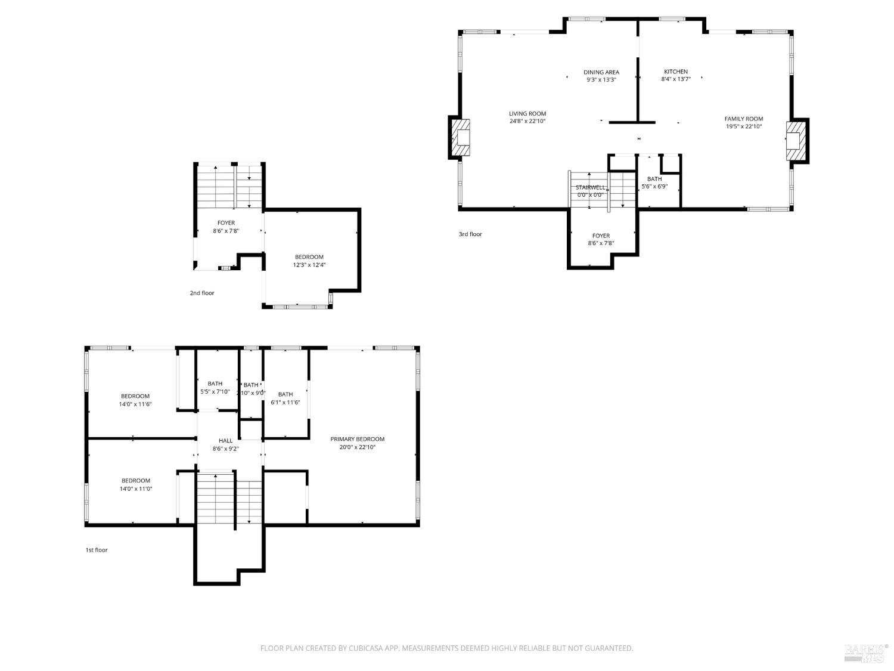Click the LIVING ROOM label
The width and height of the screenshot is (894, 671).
527,113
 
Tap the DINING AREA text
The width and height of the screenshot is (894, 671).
601,72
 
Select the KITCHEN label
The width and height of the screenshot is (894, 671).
676,72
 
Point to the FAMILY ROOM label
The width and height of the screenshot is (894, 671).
743,119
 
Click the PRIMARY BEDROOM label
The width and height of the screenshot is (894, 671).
357,439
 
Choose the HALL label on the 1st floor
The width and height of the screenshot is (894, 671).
225,441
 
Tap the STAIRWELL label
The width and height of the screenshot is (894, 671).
590,187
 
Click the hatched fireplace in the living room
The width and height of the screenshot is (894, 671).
460,138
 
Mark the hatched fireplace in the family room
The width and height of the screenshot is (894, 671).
796,140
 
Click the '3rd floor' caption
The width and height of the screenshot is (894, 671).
470,234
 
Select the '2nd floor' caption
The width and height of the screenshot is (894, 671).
201,293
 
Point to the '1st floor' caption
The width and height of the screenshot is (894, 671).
96,550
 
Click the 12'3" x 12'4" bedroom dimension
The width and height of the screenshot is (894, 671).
309,265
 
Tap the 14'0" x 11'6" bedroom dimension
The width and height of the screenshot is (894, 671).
135,404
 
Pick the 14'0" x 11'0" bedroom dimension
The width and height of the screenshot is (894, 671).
136,488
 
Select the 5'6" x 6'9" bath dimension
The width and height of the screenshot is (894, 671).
654,186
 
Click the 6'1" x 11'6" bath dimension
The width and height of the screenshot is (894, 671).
285,402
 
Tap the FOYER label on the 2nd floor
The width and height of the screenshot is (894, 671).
226,223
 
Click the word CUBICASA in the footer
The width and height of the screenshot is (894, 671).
365,648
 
